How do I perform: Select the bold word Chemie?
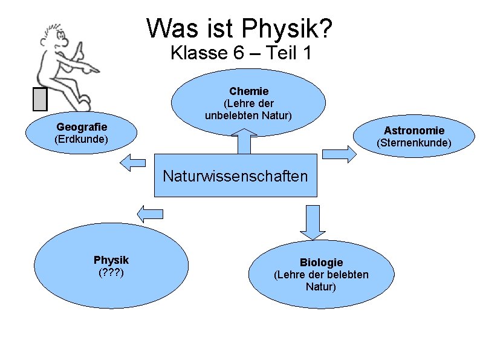[x=248, y=91]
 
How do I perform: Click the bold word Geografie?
[x=82, y=127]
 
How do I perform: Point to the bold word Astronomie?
[x=414, y=131]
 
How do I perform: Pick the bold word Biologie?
[x=321, y=263]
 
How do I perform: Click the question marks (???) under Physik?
[x=111, y=272]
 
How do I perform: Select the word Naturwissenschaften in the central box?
[x=236, y=177]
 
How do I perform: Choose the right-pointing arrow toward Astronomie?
[x=339, y=154]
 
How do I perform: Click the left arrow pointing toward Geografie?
[x=133, y=161]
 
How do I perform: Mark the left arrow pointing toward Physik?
[x=151, y=213]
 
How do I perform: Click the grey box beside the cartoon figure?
[x=41, y=99]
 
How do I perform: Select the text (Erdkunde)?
[x=81, y=140]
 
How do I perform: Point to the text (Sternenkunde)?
[x=414, y=143]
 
